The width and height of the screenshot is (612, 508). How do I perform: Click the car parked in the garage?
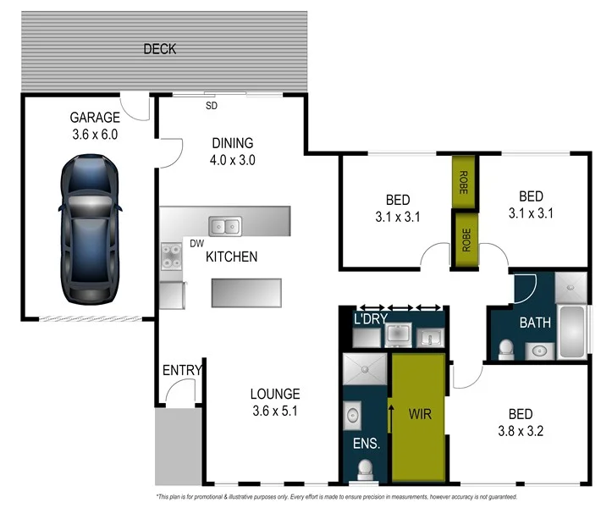(x=89, y=231)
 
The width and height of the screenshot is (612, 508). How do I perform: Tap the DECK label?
(x=159, y=49)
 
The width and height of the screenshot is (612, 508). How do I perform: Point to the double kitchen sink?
(x=225, y=226)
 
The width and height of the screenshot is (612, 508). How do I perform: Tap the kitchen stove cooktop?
(x=172, y=256)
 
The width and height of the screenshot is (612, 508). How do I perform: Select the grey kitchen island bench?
(x=246, y=292)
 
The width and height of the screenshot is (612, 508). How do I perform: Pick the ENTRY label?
(x=182, y=370)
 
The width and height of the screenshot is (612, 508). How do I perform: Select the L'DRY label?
(x=369, y=319)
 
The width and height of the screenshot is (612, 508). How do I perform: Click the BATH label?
(x=535, y=323)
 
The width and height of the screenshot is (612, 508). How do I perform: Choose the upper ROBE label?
(x=463, y=184)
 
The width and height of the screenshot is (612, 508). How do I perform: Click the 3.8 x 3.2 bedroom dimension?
(x=520, y=430)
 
